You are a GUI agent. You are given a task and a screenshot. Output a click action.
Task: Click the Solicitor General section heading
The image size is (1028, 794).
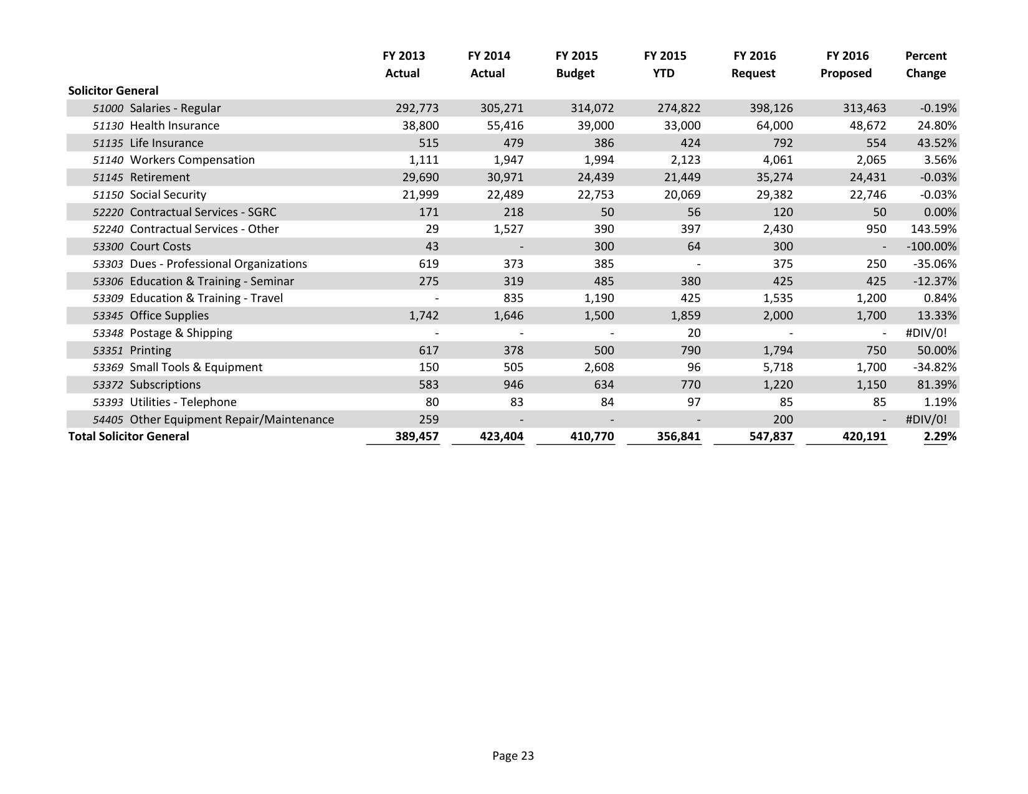click(113, 90)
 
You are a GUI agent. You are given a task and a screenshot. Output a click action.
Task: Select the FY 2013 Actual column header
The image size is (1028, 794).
click(403, 64)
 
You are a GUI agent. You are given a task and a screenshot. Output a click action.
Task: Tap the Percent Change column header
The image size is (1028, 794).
click(925, 64)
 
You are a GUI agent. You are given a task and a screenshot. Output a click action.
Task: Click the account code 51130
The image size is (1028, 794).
click(108, 126)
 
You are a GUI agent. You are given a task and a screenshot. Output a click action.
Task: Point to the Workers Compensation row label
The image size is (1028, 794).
click(192, 160)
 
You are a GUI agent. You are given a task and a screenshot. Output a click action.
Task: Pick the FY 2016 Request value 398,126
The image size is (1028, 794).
click(771, 108)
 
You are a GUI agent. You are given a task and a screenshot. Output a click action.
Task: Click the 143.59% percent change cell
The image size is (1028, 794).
click(933, 229)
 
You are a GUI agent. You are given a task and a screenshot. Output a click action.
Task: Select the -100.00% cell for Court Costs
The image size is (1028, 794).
click(931, 247)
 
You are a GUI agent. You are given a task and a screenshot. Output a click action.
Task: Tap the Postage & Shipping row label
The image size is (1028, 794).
click(181, 333)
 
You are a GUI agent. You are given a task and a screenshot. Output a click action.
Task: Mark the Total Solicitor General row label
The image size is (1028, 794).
click(128, 437)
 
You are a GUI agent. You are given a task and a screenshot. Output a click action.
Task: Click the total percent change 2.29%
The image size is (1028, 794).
click(940, 437)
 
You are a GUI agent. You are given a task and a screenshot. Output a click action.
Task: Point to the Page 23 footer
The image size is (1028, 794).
click(513, 756)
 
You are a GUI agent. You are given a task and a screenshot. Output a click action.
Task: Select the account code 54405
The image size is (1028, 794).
click(108, 420)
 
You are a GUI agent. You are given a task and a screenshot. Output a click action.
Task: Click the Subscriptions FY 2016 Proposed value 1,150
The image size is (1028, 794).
click(870, 385)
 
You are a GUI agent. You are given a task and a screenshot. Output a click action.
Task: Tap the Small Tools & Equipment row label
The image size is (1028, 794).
click(196, 367)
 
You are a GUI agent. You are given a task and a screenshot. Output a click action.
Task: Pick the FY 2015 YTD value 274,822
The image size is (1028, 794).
click(678, 108)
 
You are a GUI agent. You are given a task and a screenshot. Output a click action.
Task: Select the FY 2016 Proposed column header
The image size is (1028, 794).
click(846, 64)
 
